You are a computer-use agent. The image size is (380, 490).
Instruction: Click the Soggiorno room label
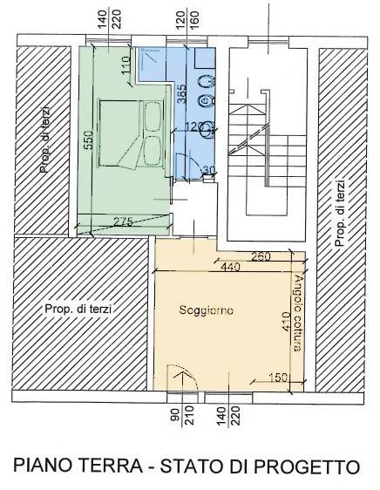207,310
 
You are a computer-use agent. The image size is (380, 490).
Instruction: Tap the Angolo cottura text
298,313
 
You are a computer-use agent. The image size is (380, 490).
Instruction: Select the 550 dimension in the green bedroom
88,140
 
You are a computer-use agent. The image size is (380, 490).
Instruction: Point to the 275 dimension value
123,221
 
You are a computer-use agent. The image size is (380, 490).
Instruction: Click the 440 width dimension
231,267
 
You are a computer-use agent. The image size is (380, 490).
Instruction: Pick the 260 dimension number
261,256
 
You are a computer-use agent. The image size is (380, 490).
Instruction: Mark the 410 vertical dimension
286,323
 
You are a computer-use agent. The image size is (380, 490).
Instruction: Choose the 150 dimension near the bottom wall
277,378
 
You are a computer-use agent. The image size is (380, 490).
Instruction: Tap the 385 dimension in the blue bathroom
181,93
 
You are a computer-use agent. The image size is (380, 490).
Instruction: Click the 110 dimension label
126,65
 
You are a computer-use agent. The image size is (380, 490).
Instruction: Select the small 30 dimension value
210,170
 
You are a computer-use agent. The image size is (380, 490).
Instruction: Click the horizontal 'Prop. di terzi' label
78,309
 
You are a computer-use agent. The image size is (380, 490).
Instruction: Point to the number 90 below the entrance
176,415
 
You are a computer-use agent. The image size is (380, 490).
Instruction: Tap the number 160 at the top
194,20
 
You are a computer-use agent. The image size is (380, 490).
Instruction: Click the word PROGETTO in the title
306,466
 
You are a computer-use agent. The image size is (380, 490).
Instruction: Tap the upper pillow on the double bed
153,116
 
